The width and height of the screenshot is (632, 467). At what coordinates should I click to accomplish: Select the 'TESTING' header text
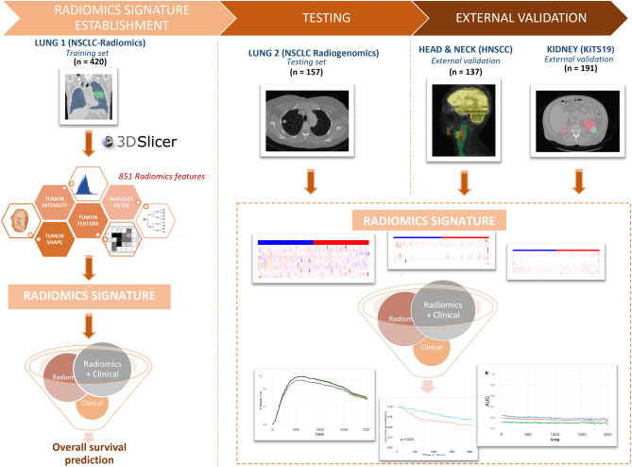(x=304, y=17)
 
